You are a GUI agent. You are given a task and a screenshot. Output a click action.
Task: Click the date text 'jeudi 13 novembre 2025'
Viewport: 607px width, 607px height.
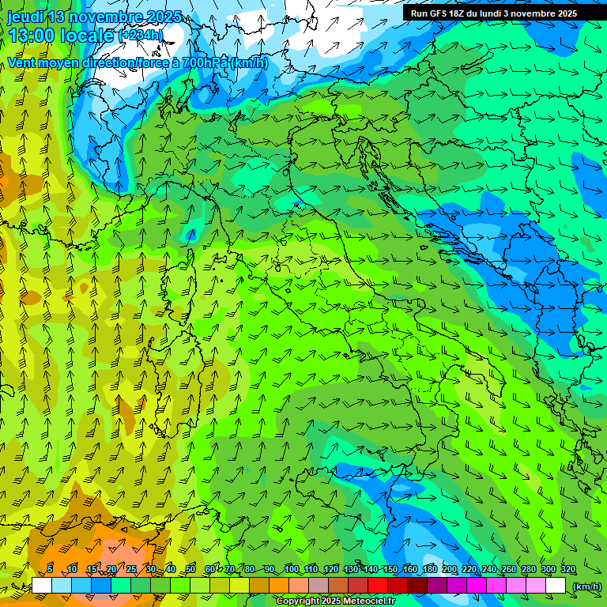(x=94, y=17)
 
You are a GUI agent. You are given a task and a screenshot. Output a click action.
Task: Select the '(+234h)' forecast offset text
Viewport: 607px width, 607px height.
(x=141, y=36)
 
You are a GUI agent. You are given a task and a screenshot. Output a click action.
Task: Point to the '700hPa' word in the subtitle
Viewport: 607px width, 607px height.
(x=205, y=62)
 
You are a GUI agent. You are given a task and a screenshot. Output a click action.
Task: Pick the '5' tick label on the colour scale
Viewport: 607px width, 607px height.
(x=50, y=569)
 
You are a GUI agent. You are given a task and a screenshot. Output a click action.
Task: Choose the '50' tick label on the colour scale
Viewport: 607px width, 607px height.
(x=190, y=569)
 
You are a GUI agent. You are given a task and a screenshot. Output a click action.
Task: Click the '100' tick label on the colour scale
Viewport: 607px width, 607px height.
(x=291, y=569)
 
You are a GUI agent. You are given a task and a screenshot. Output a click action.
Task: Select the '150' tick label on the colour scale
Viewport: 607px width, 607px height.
(x=390, y=569)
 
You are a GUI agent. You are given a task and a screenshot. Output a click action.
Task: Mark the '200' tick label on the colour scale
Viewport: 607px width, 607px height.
(x=450, y=569)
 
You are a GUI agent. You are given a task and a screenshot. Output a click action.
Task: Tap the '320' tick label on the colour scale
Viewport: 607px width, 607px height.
(x=568, y=569)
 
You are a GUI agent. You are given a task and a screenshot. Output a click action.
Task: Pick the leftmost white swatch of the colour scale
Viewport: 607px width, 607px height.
(x=42, y=585)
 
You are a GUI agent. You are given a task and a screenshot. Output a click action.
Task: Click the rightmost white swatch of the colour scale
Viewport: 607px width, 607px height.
(x=556, y=585)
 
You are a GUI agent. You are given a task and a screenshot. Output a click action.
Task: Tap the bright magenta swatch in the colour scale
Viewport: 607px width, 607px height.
(x=477, y=585)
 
